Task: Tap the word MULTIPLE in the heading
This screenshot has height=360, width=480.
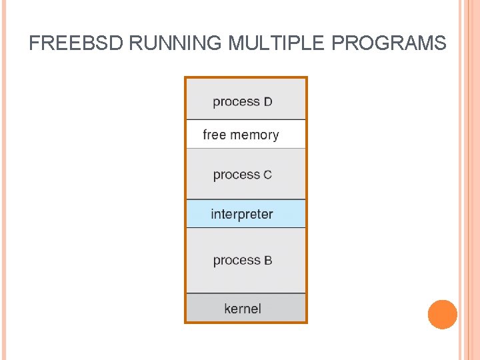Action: (277, 43)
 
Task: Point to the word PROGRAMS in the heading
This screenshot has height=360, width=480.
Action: (388, 43)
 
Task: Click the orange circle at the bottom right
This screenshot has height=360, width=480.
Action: (442, 314)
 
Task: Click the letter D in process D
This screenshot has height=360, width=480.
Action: (268, 102)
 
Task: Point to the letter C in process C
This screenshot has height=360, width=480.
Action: (267, 175)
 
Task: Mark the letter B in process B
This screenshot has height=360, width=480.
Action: (267, 261)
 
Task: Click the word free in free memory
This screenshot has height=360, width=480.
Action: (215, 135)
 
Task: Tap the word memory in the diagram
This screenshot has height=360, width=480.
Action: (255, 135)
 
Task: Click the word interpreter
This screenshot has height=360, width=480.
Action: (242, 215)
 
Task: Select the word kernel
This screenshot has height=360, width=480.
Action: (243, 309)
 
